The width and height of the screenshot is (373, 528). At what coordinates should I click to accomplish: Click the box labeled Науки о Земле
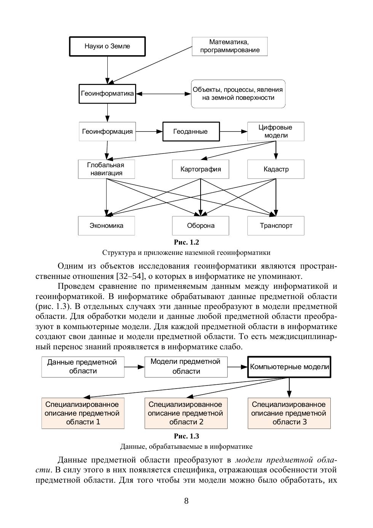pyautogui.click(x=107, y=46)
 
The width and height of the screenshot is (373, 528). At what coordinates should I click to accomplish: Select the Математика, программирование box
pyautogui.click(x=230, y=46)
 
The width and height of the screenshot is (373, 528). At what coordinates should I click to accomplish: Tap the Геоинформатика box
pyautogui.click(x=107, y=94)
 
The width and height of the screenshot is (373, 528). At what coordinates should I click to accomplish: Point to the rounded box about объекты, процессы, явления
pyautogui.click(x=238, y=94)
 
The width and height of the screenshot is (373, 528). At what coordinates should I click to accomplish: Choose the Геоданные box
pyautogui.click(x=191, y=131)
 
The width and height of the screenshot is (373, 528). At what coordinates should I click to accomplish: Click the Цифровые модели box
pyautogui.click(x=276, y=131)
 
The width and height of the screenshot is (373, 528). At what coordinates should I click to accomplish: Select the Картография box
pyautogui.click(x=201, y=169)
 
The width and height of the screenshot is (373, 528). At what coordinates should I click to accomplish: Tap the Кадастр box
pyautogui.click(x=276, y=169)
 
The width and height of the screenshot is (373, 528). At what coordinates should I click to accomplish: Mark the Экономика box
pyautogui.click(x=107, y=226)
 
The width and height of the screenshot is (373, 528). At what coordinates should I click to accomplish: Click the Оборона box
pyautogui.click(x=201, y=226)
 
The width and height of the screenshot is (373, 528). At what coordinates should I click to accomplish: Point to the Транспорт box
pyautogui.click(x=276, y=226)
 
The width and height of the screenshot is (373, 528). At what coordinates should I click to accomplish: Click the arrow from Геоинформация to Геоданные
pyautogui.click(x=149, y=131)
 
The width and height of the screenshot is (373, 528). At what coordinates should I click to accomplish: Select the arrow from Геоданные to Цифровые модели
pyautogui.click(x=233, y=131)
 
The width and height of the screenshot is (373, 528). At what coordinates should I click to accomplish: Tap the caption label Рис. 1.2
pyautogui.click(x=186, y=242)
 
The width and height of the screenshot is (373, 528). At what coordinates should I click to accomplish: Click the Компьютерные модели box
pyautogui.click(x=289, y=367)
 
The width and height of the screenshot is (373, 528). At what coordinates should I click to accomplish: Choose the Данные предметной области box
pyautogui.click(x=83, y=367)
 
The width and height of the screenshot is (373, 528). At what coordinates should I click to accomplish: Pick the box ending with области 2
pyautogui.click(x=186, y=413)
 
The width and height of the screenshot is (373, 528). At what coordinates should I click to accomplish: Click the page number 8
pyautogui.click(x=186, y=501)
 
